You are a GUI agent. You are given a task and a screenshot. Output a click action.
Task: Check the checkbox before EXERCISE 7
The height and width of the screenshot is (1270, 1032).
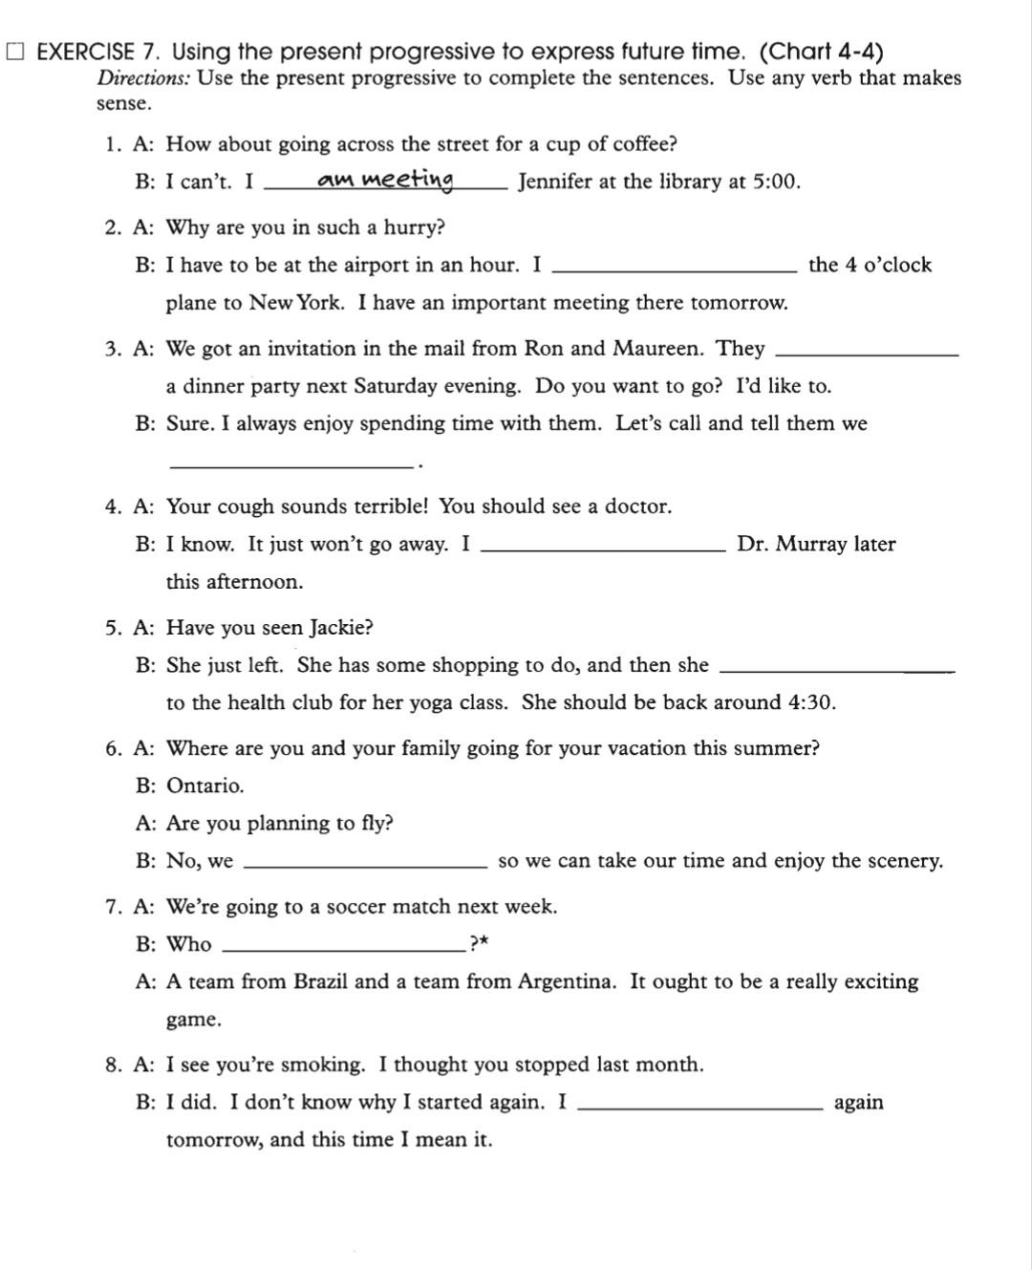click(16, 52)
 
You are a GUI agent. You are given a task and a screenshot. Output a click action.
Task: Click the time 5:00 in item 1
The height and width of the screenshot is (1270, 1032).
click(774, 182)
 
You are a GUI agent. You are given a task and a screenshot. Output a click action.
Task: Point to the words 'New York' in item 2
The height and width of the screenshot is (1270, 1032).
click(295, 303)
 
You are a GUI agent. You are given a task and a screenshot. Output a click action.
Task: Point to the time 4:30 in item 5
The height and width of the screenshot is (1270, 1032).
click(810, 703)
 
